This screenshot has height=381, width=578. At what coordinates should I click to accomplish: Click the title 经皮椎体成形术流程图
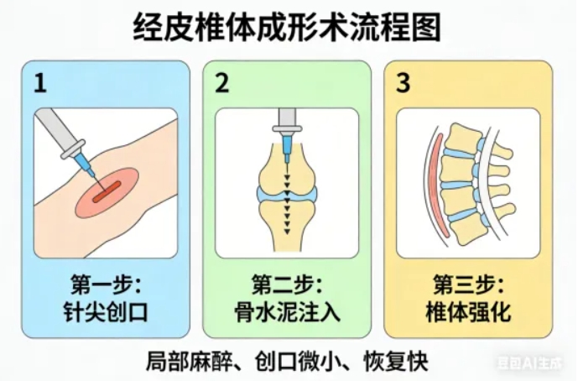(288, 29)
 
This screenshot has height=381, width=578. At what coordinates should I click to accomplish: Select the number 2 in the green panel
(221, 83)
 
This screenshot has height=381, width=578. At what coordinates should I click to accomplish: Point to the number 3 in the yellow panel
(404, 83)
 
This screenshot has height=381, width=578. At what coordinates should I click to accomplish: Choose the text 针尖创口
(106, 313)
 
